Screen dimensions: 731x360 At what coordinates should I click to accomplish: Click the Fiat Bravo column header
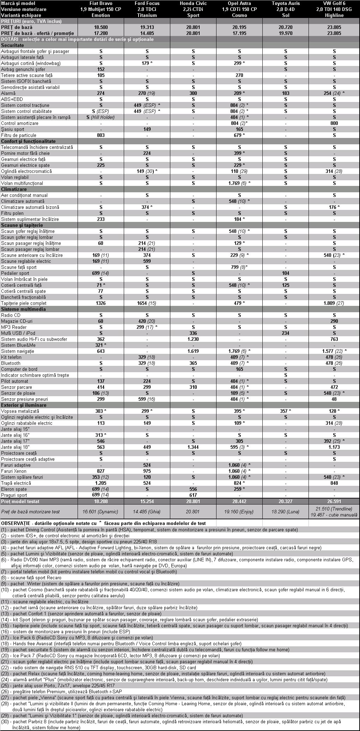tap(101, 3)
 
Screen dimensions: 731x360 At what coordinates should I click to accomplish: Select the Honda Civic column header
tap(193, 3)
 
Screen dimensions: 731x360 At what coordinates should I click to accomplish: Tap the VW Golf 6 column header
tap(334, 3)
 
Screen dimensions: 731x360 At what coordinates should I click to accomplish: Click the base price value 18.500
tap(101, 27)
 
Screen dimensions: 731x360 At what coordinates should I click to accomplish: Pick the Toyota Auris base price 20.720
tap(286, 27)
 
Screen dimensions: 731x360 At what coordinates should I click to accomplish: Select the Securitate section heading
tap(13, 45)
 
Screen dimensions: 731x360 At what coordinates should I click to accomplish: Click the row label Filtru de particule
tap(19, 135)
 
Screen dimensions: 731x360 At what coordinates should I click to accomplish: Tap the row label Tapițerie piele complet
tap(24, 303)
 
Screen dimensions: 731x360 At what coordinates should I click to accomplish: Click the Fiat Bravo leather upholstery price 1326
tap(101, 303)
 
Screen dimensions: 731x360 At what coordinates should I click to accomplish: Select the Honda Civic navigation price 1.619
tap(193, 351)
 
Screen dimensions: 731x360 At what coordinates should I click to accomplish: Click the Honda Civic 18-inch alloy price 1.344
tap(193, 447)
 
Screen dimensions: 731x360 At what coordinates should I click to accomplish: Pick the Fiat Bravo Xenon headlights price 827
tap(101, 471)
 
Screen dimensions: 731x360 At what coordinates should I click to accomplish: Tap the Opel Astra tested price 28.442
tap(239, 501)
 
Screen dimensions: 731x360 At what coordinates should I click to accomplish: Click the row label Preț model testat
tap(20, 501)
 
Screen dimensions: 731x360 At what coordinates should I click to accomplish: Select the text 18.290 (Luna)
tap(286, 511)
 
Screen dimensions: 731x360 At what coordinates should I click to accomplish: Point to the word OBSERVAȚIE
tap(17, 523)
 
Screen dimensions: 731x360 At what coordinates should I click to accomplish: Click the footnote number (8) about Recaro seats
tap(4, 578)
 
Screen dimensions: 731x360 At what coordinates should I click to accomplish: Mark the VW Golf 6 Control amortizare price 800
tap(334, 123)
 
